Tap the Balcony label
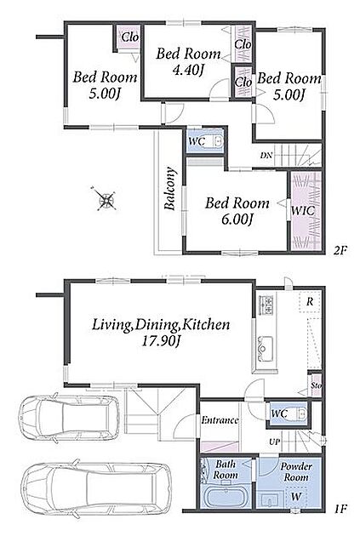170,188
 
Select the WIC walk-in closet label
303,210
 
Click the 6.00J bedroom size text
237,220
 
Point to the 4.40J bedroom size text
188,70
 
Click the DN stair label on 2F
266,155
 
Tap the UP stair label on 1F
275,442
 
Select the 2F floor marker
340,251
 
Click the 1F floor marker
340,510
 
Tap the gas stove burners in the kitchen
266,305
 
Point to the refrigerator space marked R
310,301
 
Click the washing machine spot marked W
295,496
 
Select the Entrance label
220,420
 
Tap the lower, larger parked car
95,487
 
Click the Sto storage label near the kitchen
317,386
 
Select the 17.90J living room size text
161,341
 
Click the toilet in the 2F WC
217,140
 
